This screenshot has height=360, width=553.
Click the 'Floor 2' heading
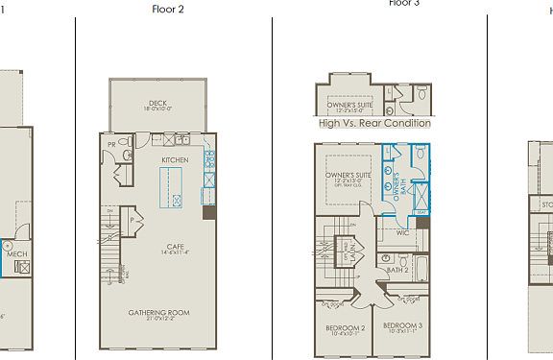coord(168,10)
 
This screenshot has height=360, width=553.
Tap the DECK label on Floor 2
coord(158,105)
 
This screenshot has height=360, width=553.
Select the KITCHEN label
coord(175,158)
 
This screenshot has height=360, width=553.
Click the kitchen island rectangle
coord(173,186)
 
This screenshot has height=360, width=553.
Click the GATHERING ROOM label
coord(159,313)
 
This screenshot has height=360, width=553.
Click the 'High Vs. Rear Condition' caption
coord(374,124)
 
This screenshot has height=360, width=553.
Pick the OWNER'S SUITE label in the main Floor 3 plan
coord(348,175)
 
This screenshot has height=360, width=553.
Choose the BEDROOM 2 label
coord(344,328)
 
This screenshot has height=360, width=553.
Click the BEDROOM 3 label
coord(402,326)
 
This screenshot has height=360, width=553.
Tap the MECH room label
coord(16,254)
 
